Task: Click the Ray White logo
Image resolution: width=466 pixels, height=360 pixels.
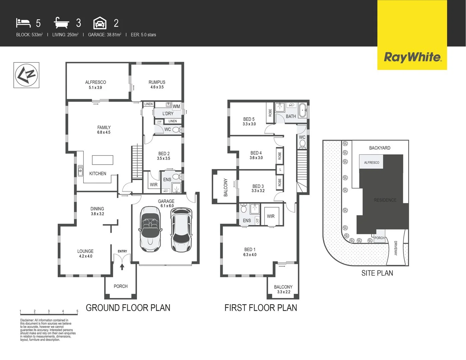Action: coord(412,57)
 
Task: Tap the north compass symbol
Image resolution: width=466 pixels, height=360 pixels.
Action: coord(26,75)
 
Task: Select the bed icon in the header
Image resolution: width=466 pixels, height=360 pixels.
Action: coord(23,23)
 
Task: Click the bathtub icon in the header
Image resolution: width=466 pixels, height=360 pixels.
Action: coord(61,23)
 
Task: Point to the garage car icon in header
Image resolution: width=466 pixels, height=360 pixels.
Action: coord(100,23)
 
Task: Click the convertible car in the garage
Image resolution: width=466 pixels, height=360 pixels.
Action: coord(150,229)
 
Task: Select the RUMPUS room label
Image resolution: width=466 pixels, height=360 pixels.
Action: coord(157,82)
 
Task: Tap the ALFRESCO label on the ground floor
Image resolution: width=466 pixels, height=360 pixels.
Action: coord(95,82)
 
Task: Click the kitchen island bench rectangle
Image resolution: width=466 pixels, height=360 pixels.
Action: coord(102,160)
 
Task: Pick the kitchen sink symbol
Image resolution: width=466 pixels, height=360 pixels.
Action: coord(80,170)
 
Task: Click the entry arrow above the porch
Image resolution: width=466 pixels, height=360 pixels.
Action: coord(122,266)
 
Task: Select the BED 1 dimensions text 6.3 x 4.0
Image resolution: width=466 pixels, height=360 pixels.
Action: coord(250,255)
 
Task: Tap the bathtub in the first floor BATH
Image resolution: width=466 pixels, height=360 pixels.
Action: coord(303,110)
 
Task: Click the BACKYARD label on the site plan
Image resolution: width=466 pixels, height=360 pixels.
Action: coord(379,148)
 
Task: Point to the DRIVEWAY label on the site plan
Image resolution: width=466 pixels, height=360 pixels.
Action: coord(396,248)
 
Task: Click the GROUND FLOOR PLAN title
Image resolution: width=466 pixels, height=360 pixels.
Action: coord(128,308)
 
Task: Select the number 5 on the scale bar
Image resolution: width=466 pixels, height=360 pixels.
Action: coord(77,311)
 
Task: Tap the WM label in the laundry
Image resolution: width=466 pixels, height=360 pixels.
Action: coord(176,106)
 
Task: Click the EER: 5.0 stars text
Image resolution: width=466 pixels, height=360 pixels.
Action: coord(143,35)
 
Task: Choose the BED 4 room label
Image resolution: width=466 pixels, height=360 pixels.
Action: coord(256,153)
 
